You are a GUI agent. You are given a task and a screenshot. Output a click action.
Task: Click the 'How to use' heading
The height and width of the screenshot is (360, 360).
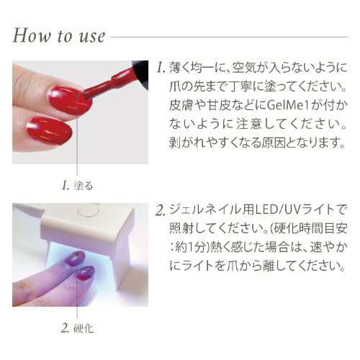coord(58,35)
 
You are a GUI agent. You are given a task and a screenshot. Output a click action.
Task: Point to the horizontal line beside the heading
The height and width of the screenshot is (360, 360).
coord(230,35)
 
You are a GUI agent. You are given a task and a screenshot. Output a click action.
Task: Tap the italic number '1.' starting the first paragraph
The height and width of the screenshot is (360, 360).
coord(161,69)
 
